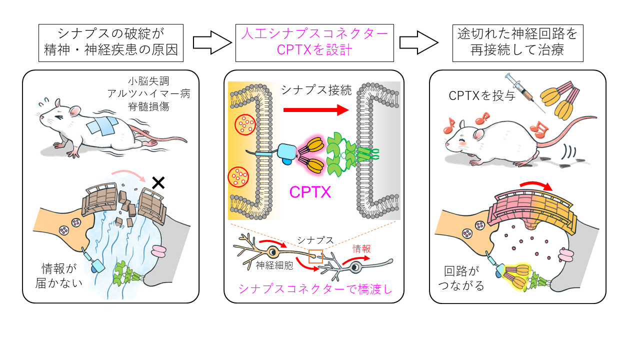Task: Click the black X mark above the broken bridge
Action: click(158, 183)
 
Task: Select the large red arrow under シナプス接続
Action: click(314, 108)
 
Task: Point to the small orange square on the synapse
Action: click(315, 256)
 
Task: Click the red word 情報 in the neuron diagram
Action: click(361, 249)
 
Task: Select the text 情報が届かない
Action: click(61, 275)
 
